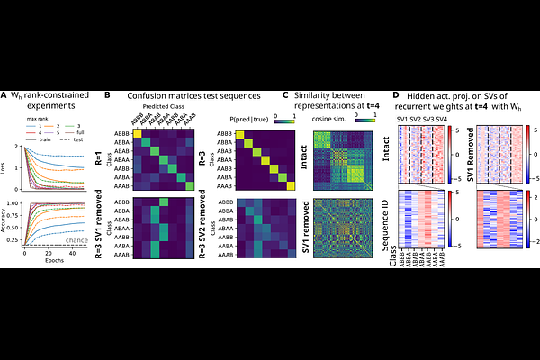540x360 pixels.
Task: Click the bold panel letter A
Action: pyautogui.click(x=4, y=95)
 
